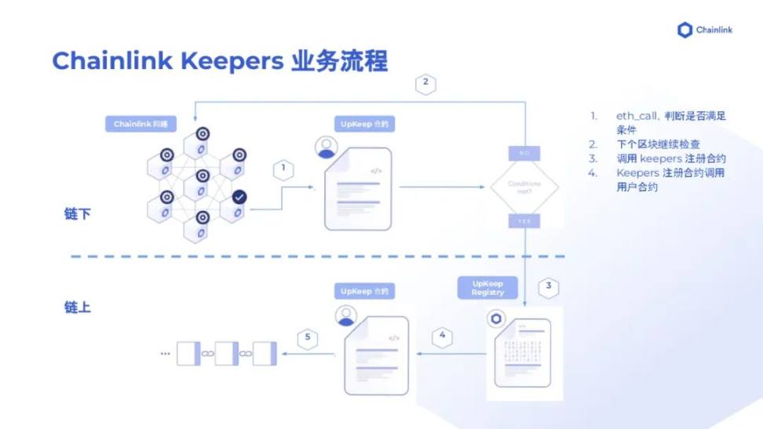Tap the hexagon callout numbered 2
point(425,83)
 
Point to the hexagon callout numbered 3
point(549,286)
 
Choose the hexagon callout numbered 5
point(308,338)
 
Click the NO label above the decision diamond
point(523,151)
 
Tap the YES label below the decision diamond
point(523,221)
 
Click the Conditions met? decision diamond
point(524,187)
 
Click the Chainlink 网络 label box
point(141,124)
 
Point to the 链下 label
point(78,213)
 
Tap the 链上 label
point(78,307)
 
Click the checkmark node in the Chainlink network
point(239,197)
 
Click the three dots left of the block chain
point(165,354)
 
